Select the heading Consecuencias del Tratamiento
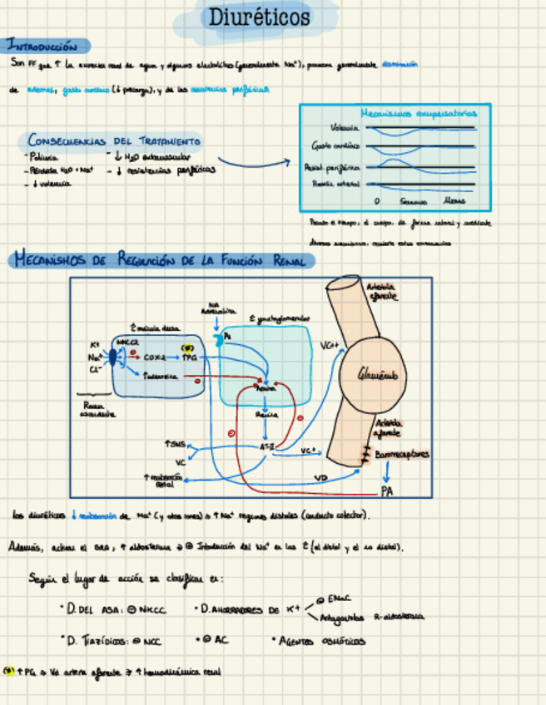(113, 141)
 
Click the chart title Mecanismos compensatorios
(419, 113)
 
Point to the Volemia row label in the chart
(345, 128)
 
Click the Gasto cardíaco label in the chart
(336, 146)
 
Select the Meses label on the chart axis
(454, 201)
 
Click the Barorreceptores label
(402, 456)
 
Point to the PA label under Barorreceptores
(387, 491)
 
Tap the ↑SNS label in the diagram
(176, 445)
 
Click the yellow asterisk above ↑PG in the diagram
(187, 348)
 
